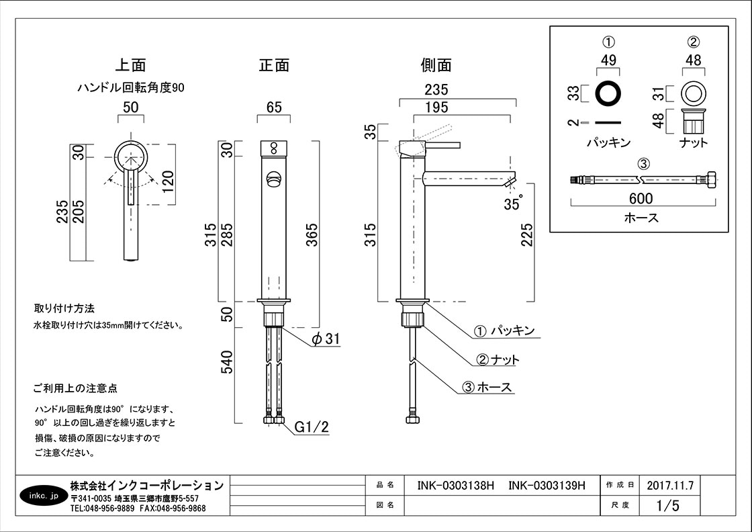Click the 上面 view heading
130,66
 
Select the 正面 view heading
274,66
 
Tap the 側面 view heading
436,66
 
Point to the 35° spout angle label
513,203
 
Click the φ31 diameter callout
326,340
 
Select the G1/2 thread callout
312,427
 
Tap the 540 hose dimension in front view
227,363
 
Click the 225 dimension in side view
528,234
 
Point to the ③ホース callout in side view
487,388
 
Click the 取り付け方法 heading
64,309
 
